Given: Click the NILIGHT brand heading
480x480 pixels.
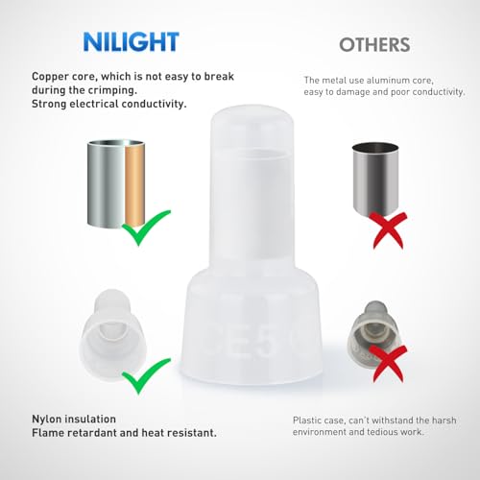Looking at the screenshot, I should point(131,41).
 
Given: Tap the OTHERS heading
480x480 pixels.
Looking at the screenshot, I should point(375,44).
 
